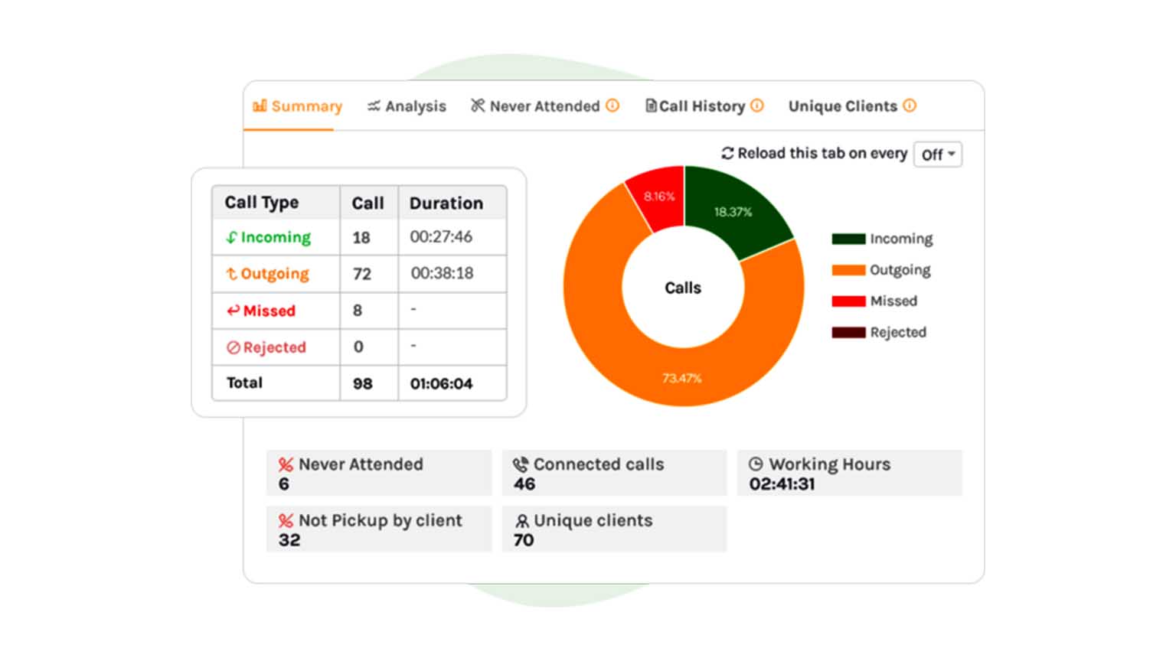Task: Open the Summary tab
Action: point(298,106)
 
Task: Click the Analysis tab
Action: point(407,106)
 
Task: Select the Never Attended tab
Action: point(544,106)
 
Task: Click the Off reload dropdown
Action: point(938,155)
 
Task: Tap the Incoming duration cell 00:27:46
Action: point(441,237)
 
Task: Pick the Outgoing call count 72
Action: point(362,274)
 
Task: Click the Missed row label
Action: point(261,311)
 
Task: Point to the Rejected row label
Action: point(266,347)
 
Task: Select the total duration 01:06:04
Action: point(441,383)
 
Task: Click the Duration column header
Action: point(446,203)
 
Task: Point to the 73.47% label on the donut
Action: point(681,378)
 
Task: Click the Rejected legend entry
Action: point(897,332)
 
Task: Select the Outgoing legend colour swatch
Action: point(848,270)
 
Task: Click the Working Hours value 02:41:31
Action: point(782,484)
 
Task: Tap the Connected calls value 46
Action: point(524,484)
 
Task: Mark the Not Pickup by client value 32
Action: point(289,540)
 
